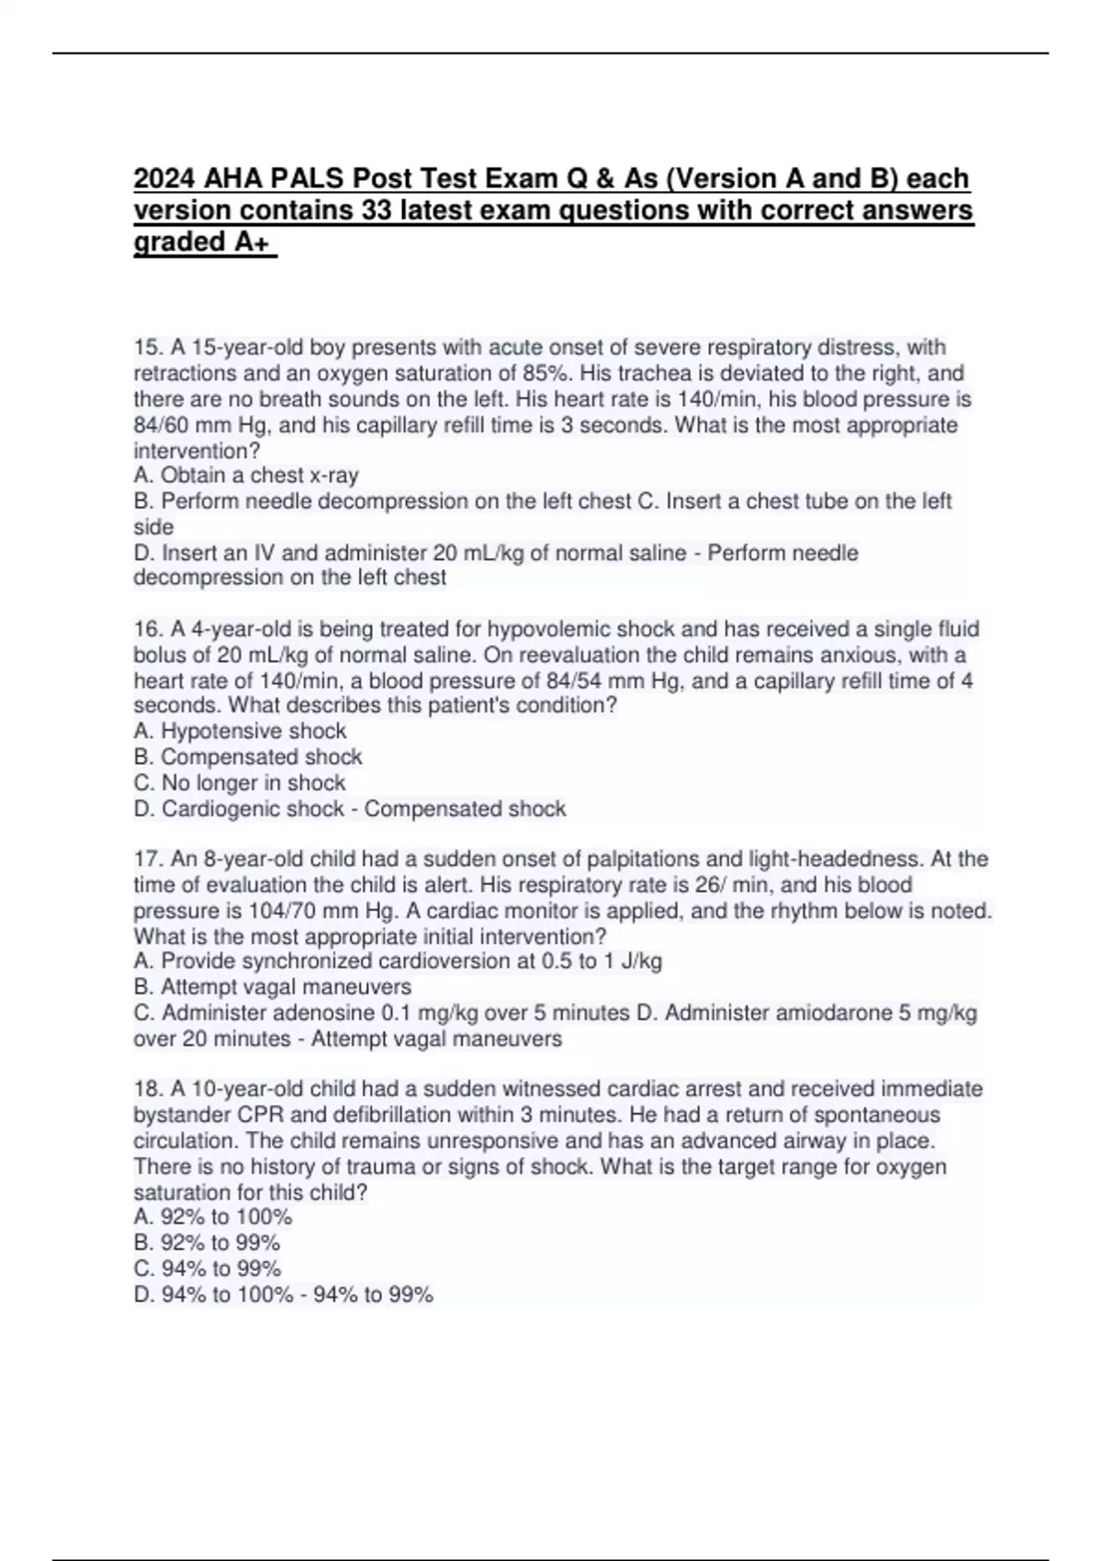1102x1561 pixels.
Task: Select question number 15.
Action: pos(147,348)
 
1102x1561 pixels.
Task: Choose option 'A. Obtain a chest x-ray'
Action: pos(246,476)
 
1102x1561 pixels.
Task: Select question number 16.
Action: pos(147,630)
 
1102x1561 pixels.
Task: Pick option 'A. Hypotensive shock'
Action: pos(240,732)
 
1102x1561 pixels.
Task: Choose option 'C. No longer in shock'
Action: pos(240,783)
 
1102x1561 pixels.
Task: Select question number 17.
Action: pos(147,859)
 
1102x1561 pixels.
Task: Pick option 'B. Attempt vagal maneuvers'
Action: pos(273,987)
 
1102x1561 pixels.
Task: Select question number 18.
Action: pos(147,1089)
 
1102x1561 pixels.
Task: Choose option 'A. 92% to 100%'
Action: pos(213,1218)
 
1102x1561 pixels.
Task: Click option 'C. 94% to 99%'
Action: pos(208,1269)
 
